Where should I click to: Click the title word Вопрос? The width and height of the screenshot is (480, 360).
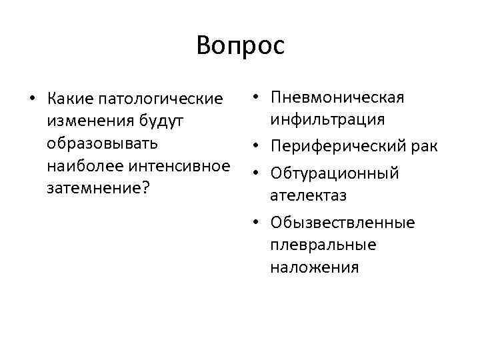[x=240, y=46]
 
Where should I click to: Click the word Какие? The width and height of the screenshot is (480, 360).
[x=70, y=99]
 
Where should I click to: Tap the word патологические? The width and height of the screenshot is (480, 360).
[x=160, y=99]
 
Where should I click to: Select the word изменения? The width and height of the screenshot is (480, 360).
[x=89, y=122]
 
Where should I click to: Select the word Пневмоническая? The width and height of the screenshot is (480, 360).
[x=337, y=97]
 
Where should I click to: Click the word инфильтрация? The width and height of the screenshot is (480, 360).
[x=327, y=119]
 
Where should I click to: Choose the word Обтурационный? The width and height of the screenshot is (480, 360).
[x=335, y=173]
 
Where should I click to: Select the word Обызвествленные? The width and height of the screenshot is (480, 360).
[x=343, y=223]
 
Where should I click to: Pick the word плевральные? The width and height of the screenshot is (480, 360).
[x=323, y=245]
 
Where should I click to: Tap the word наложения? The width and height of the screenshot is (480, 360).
[x=315, y=267]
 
